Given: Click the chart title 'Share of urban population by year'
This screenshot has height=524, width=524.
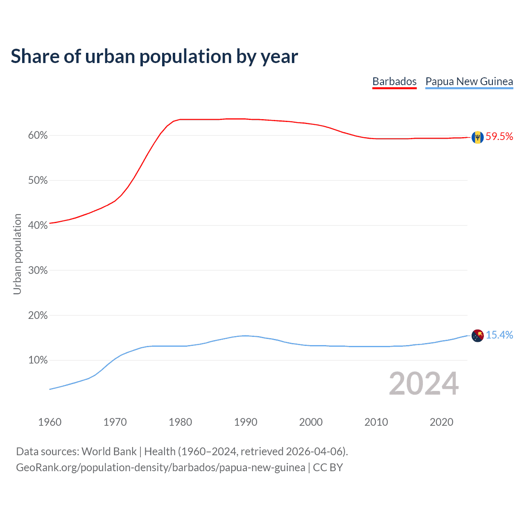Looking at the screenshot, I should coord(154,56).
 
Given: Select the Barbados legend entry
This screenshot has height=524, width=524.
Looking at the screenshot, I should coord(394,81).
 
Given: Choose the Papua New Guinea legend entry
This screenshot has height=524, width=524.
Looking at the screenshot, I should coord(469,81).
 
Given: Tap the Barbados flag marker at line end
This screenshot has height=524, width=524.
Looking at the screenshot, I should coord(477,137).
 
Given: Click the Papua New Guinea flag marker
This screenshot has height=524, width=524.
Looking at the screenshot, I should coord(477,336).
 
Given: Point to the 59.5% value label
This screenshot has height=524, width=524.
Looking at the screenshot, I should coord(499,137).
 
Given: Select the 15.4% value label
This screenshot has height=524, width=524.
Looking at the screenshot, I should coord(499,335).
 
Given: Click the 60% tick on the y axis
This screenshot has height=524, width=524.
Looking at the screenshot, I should coord(38,136).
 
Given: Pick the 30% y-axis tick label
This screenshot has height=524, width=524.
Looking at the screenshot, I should coord(38,271).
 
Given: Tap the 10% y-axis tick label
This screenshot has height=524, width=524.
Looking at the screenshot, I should coord(38,360).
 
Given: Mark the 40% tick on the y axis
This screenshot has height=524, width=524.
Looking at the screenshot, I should coord(38,226).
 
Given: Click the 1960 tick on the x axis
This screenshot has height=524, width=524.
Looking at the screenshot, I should coord(50,422).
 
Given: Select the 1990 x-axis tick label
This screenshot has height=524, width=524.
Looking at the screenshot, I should coord(246,422).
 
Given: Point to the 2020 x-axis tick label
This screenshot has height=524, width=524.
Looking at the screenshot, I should coord(441,422).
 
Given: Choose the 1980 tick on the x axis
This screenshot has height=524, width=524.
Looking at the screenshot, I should coord(180,422).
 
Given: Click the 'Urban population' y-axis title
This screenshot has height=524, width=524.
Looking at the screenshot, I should coord(17,254).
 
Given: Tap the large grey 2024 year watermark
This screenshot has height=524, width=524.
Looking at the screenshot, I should coord(424,384).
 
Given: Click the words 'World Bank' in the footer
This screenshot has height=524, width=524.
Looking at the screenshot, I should coord(109,452).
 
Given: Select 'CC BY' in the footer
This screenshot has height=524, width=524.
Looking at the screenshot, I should coord(328,468).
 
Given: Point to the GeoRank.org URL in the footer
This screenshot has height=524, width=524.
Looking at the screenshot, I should coord(160,468).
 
